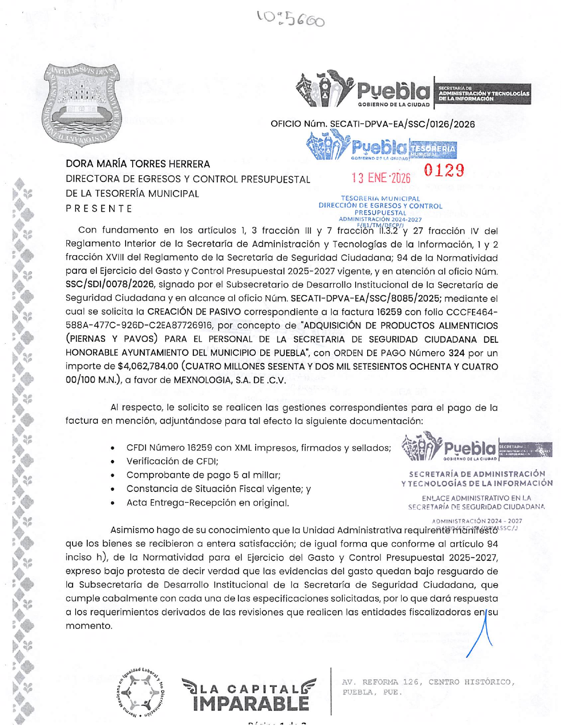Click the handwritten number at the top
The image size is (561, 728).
click(291, 18)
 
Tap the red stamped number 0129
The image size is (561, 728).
click(444, 170)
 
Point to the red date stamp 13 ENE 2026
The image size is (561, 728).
click(381, 178)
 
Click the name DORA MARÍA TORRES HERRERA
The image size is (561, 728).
click(138, 164)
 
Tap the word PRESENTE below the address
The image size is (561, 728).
click(99, 209)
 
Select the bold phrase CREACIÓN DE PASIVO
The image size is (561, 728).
click(194, 312)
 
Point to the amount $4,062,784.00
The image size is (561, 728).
click(148, 367)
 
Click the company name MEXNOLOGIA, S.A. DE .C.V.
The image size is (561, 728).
click(230, 380)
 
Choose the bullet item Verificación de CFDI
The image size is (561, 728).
click(173, 461)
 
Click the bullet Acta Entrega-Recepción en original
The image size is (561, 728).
click(207, 503)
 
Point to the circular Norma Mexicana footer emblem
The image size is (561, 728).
click(141, 693)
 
